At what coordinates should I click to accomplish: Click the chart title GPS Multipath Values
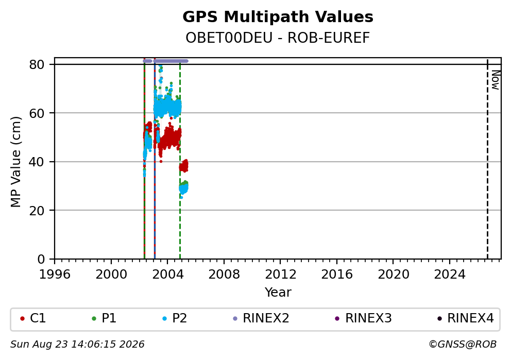(x=278, y=17)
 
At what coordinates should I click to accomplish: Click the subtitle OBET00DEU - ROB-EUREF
(x=278, y=38)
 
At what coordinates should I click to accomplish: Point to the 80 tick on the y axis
(x=37, y=64)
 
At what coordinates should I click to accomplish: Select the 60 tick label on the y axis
(x=37, y=113)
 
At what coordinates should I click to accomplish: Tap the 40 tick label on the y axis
(x=37, y=162)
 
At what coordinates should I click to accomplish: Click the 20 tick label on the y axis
(x=37, y=211)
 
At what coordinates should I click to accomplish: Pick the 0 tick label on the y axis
(x=41, y=260)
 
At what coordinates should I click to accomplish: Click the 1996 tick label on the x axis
(x=55, y=275)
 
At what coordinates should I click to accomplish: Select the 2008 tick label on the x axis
(x=224, y=275)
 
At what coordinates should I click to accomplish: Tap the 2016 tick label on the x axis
(x=337, y=275)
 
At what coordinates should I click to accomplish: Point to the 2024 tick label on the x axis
(x=450, y=275)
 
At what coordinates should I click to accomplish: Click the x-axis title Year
(x=278, y=292)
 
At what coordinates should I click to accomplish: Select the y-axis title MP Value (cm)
(x=15, y=162)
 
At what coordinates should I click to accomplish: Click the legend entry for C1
(x=33, y=318)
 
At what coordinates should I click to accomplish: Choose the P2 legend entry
(x=175, y=318)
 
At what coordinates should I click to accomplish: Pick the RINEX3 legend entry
(x=363, y=318)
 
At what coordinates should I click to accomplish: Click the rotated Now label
(x=496, y=80)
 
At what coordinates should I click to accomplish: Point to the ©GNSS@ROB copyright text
(x=463, y=345)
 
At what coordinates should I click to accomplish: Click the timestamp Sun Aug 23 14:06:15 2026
(x=77, y=345)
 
